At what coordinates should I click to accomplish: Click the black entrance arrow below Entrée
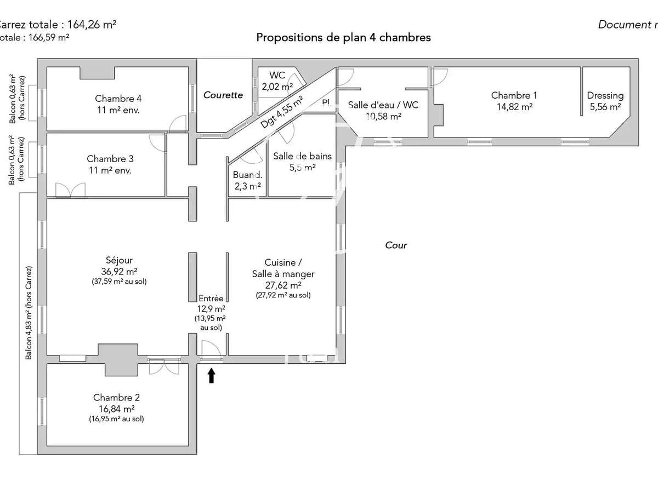pyautogui.click(x=211, y=376)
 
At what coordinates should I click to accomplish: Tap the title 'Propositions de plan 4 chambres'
pyautogui.click(x=343, y=37)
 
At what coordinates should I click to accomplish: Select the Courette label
pyautogui.click(x=223, y=95)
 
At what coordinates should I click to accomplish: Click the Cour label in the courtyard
pyautogui.click(x=396, y=245)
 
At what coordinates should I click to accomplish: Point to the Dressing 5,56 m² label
pyautogui.click(x=605, y=101)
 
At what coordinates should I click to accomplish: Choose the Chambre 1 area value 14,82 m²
pyautogui.click(x=514, y=107)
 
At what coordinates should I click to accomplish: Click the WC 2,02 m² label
pyautogui.click(x=277, y=81)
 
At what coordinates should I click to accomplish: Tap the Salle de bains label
pyautogui.click(x=302, y=156)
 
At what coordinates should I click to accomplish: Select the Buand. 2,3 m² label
pyautogui.click(x=247, y=181)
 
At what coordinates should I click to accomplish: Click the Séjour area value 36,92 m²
pyautogui.click(x=119, y=271)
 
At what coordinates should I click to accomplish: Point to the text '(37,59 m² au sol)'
pyautogui.click(x=119, y=282)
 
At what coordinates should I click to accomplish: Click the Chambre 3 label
pyautogui.click(x=110, y=159)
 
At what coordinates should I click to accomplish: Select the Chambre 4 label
pyautogui.click(x=118, y=99)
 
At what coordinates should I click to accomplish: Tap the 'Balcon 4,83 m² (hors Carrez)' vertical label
pyautogui.click(x=29, y=312)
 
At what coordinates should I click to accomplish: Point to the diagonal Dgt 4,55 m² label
pyautogui.click(x=282, y=112)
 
